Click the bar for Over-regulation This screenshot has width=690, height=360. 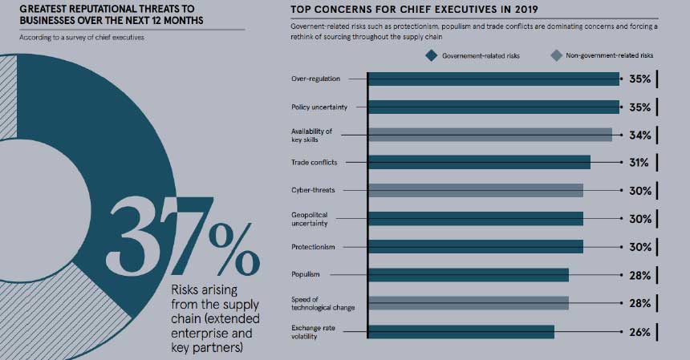tap(493, 79)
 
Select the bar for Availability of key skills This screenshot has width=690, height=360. tap(489, 135)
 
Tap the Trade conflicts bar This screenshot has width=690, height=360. tap(478, 163)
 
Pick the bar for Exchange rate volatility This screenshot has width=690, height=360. tap(461, 331)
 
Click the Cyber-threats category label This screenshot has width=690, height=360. tap(313, 190)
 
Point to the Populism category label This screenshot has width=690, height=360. tap(307, 275)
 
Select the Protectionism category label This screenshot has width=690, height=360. tap(313, 247)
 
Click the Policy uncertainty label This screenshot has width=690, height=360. tap(318, 107)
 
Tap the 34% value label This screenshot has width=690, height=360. tap(639, 135)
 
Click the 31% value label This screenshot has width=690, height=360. tap(639, 163)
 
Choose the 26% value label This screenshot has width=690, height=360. tap(639, 331)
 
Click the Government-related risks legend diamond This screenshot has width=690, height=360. tap(431, 55)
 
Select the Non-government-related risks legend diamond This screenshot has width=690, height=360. tap(555, 55)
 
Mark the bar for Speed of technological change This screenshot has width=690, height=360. tap(468, 303)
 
